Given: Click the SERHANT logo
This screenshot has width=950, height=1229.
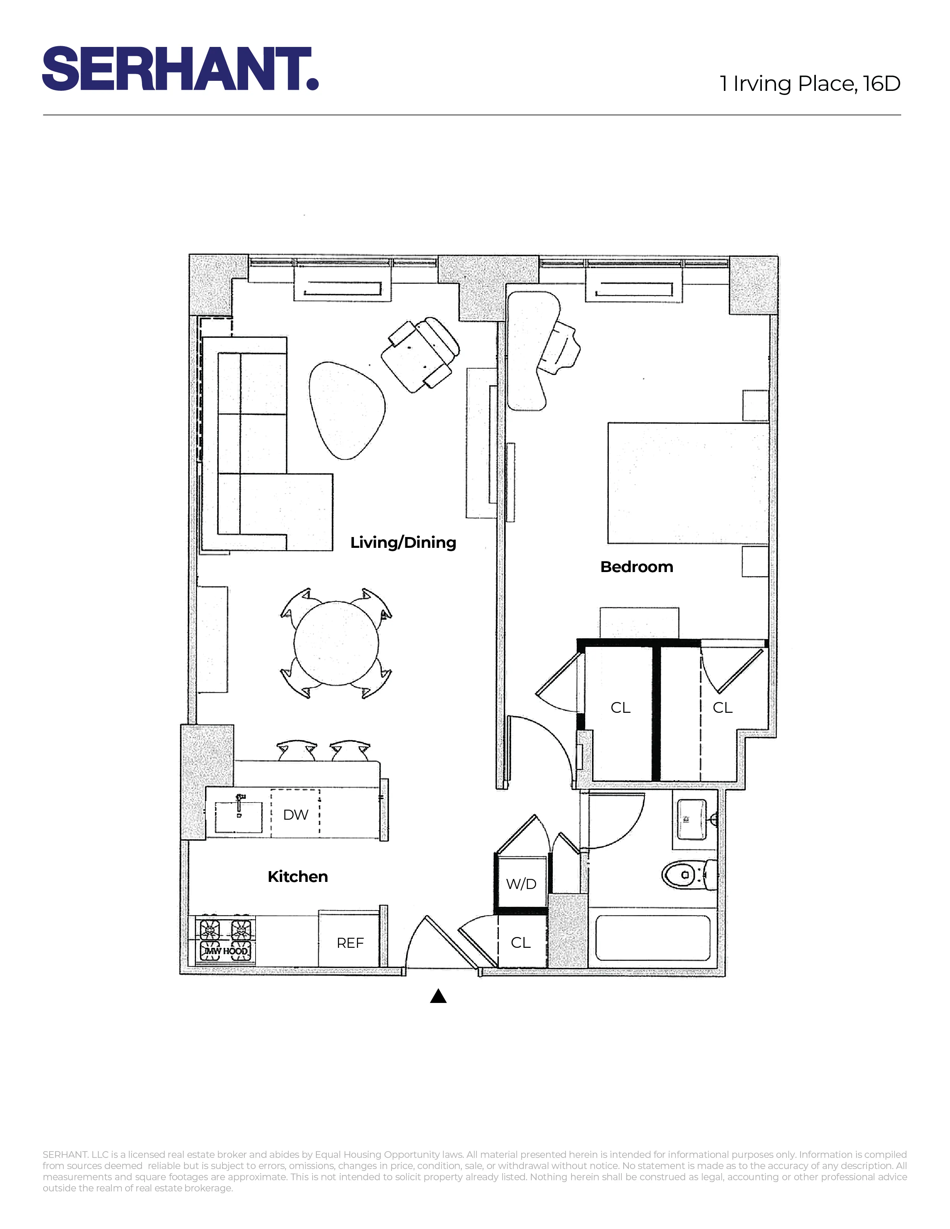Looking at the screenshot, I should click(180, 68).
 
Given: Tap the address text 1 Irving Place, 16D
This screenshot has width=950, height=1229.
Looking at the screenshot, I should click(810, 84).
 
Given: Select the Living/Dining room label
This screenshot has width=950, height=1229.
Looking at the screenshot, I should click(403, 543).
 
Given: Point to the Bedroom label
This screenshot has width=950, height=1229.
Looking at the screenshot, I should click(637, 567).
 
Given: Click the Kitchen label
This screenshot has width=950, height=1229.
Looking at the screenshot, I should click(298, 876).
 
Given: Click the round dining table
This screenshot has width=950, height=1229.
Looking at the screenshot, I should click(336, 643).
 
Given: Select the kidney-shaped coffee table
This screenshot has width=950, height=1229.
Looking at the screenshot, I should click(347, 409).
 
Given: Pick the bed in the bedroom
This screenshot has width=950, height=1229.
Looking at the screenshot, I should click(688, 483).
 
